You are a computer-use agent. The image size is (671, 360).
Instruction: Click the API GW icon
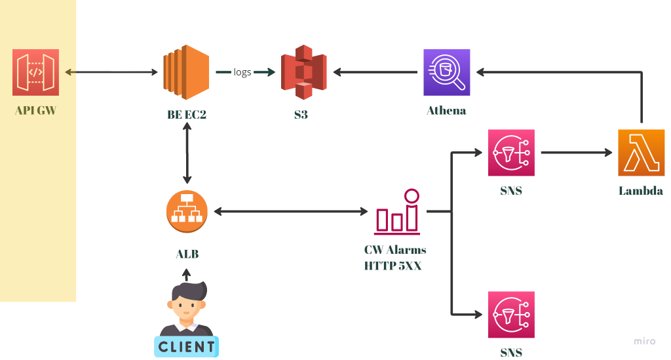tap(35, 72)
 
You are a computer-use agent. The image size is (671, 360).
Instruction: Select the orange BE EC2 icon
tap(185, 71)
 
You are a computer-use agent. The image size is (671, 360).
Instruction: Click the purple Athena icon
tap(446, 72)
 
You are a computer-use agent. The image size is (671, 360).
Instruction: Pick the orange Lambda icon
tap(640, 152)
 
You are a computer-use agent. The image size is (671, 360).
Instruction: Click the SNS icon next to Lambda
tap(511, 152)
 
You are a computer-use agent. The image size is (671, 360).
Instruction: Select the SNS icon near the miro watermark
tap(511, 314)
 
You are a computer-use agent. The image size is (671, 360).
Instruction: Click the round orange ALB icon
tap(187, 211)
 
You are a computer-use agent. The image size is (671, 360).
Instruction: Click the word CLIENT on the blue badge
tap(186, 347)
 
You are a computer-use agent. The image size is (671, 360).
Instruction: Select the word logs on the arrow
tap(242, 72)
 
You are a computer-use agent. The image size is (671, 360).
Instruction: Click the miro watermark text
tap(644, 341)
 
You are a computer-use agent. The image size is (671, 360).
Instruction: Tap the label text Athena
tap(446, 110)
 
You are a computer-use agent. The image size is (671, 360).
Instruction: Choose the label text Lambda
tap(640, 191)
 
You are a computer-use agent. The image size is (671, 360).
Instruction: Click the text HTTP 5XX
tap(393, 266)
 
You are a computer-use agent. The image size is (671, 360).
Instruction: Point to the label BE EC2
tap(187, 115)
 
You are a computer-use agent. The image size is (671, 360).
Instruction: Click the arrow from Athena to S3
tap(373, 72)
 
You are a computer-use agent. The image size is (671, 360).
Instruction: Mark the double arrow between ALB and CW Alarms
tap(291, 211)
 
